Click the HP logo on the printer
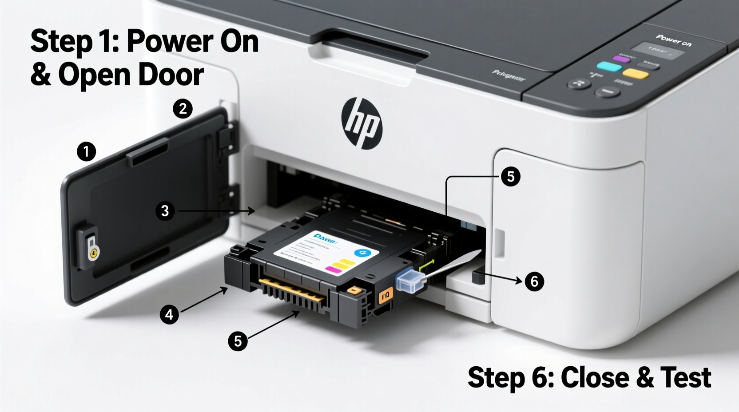[362, 123]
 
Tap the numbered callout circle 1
[86, 151]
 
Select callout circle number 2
[183, 109]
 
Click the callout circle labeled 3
[165, 211]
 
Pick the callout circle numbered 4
[169, 315]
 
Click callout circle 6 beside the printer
[534, 281]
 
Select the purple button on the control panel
[621, 58]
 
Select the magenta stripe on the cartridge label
[332, 269]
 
